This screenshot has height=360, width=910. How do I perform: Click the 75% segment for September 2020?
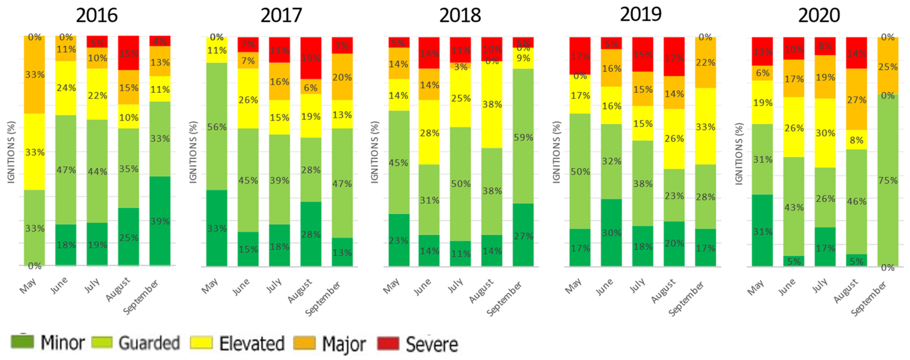[x=887, y=180]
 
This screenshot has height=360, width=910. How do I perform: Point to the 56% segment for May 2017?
[x=217, y=127]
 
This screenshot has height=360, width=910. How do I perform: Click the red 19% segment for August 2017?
[x=311, y=58]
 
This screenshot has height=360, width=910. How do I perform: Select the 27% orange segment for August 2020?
[x=856, y=99]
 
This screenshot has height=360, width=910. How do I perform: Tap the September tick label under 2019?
[x=686, y=299]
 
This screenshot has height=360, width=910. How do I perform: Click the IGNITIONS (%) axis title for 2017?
[x=193, y=152]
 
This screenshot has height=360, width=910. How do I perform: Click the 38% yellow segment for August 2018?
[x=491, y=104]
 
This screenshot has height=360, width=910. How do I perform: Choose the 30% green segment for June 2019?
[x=611, y=232]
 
